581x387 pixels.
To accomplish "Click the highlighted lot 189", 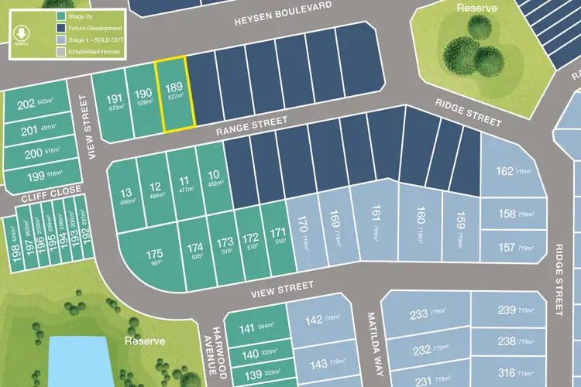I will pyautogui.click(x=174, y=94).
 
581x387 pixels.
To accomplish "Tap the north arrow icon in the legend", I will pyautogui.click(x=21, y=33).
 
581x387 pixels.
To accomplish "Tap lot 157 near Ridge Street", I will pyautogui.click(x=512, y=248).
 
